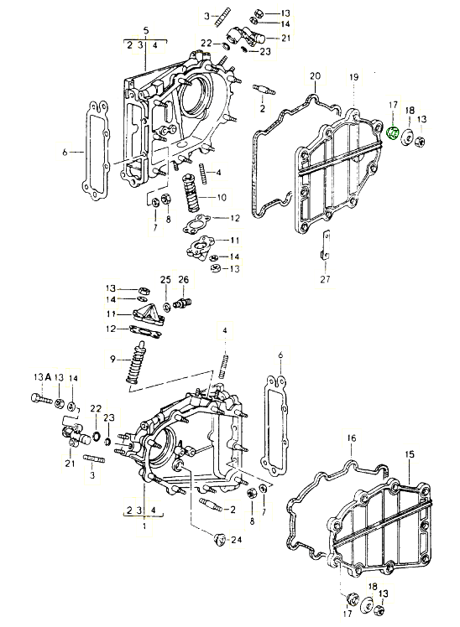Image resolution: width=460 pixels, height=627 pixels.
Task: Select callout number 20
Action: pos(315,77)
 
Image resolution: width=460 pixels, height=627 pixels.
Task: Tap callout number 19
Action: pos(353,77)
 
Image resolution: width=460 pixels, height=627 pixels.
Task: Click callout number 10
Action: pos(222,198)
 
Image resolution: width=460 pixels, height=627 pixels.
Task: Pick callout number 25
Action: pos(165,279)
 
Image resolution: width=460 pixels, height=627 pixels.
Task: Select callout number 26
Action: pos(183,279)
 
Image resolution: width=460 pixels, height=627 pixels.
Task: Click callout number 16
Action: pos(352,438)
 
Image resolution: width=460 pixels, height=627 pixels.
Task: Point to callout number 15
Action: pos(410,454)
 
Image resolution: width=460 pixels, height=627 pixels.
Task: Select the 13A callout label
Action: pos(40,379)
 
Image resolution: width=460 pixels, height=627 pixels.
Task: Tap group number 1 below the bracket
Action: pos(144,526)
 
